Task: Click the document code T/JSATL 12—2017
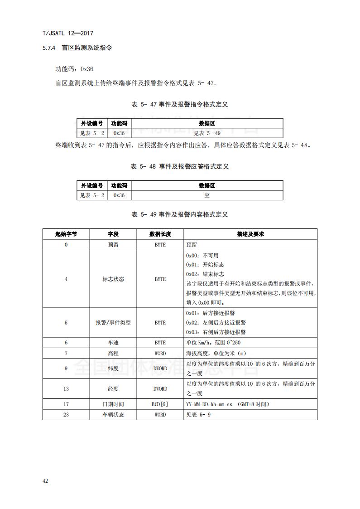[x=67, y=33]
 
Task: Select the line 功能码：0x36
[x=74, y=69]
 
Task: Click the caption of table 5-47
[x=180, y=104]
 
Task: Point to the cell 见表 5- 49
[x=207, y=133]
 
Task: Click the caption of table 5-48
[x=180, y=166]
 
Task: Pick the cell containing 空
[x=207, y=195]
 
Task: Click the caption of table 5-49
[x=180, y=214]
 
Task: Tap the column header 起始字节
[x=66, y=234]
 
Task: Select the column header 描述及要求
[x=250, y=234]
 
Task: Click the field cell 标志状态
[x=113, y=279]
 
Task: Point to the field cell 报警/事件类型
[x=113, y=323]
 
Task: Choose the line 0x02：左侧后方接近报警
[x=216, y=323]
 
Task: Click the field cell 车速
[x=113, y=343]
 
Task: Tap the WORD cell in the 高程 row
[x=160, y=354]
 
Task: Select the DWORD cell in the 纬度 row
[x=160, y=369]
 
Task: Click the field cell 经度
[x=113, y=389]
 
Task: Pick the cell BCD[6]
[x=160, y=404]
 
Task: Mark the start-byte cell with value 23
[x=66, y=415]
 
